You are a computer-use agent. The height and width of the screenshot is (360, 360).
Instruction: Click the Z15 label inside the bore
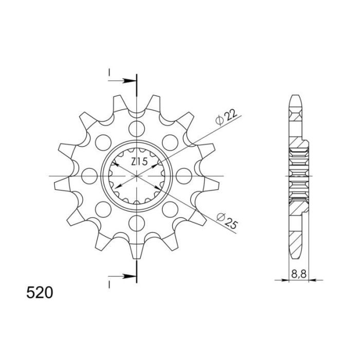coord(139,161)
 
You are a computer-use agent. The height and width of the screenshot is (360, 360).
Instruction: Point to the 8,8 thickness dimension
coord(299,274)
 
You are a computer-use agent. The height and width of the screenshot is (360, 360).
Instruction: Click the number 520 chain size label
coord(40,293)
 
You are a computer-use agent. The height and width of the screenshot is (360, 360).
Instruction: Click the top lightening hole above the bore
coord(137,129)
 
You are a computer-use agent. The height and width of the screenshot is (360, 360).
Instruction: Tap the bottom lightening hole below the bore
coord(137,223)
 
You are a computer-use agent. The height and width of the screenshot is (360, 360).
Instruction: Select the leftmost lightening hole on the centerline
coord(89,176)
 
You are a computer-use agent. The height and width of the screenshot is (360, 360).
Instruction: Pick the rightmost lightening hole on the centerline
coord(184,176)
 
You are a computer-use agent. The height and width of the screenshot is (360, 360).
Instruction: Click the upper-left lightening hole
coord(103,142)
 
